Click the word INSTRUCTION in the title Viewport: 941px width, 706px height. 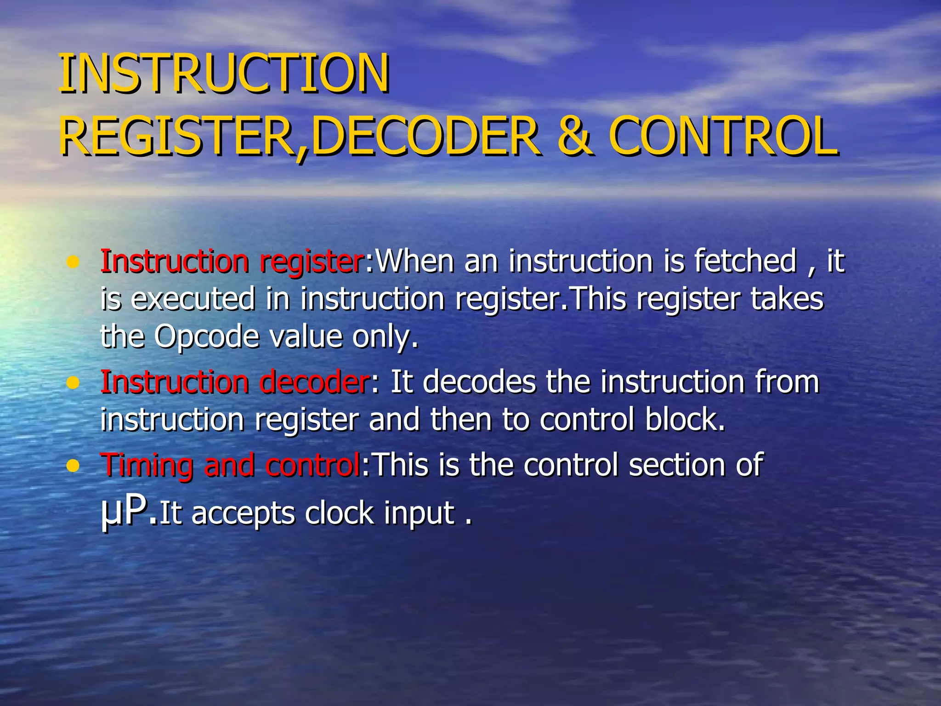[x=224, y=74]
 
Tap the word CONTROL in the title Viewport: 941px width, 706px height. [x=723, y=136]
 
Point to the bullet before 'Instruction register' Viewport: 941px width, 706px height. [x=73, y=263]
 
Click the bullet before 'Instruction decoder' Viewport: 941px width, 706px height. [x=73, y=382]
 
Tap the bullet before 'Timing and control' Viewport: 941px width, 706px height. [x=73, y=466]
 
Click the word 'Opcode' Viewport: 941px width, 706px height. [x=207, y=336]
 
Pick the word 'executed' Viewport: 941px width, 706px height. [x=193, y=299]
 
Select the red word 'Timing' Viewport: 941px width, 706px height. [x=147, y=465]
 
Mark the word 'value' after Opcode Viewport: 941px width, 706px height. [x=306, y=336]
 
